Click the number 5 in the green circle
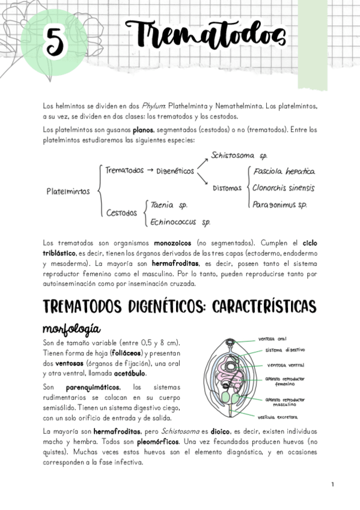[x=53, y=43]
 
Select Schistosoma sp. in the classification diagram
[x=238, y=155]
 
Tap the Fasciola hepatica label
[x=284, y=171]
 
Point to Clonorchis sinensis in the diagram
[x=283, y=188]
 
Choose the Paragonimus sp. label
[x=279, y=204]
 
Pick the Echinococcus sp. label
[x=180, y=221]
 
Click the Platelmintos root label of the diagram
[x=68, y=192]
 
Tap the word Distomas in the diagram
[x=227, y=188]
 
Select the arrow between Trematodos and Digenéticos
[x=150, y=171]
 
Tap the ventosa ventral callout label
[x=285, y=365]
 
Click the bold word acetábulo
[x=131, y=373]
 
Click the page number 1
[x=332, y=484]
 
